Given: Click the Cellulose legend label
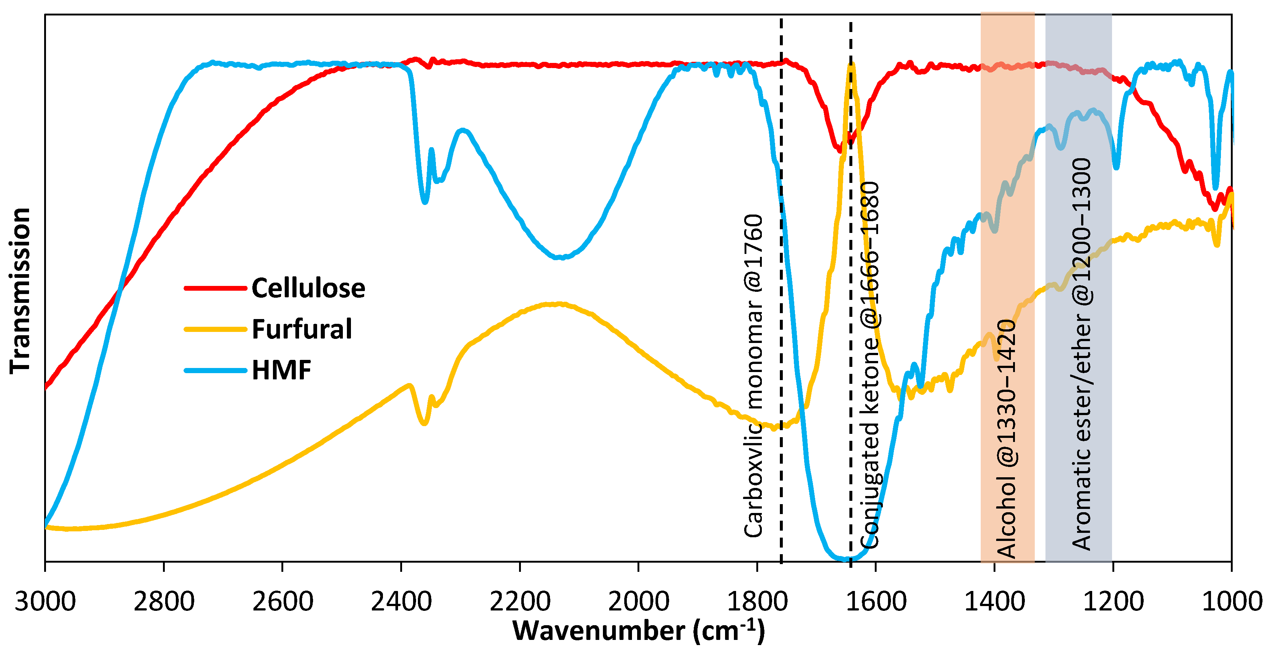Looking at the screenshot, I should click(x=308, y=288).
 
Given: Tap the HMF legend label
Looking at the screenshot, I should click(x=281, y=370).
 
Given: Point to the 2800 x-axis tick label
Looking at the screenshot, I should click(x=164, y=602).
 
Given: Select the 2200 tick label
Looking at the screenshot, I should click(x=520, y=602).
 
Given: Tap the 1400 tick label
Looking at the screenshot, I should click(x=994, y=602).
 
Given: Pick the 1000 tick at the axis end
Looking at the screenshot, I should click(x=1232, y=602).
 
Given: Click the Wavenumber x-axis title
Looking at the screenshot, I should click(x=639, y=631).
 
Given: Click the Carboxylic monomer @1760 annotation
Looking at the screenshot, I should click(x=754, y=376).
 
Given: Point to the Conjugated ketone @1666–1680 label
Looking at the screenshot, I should click(x=870, y=365).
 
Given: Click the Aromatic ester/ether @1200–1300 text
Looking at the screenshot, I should click(x=1082, y=354).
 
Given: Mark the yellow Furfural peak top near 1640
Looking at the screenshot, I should click(x=851, y=65).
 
